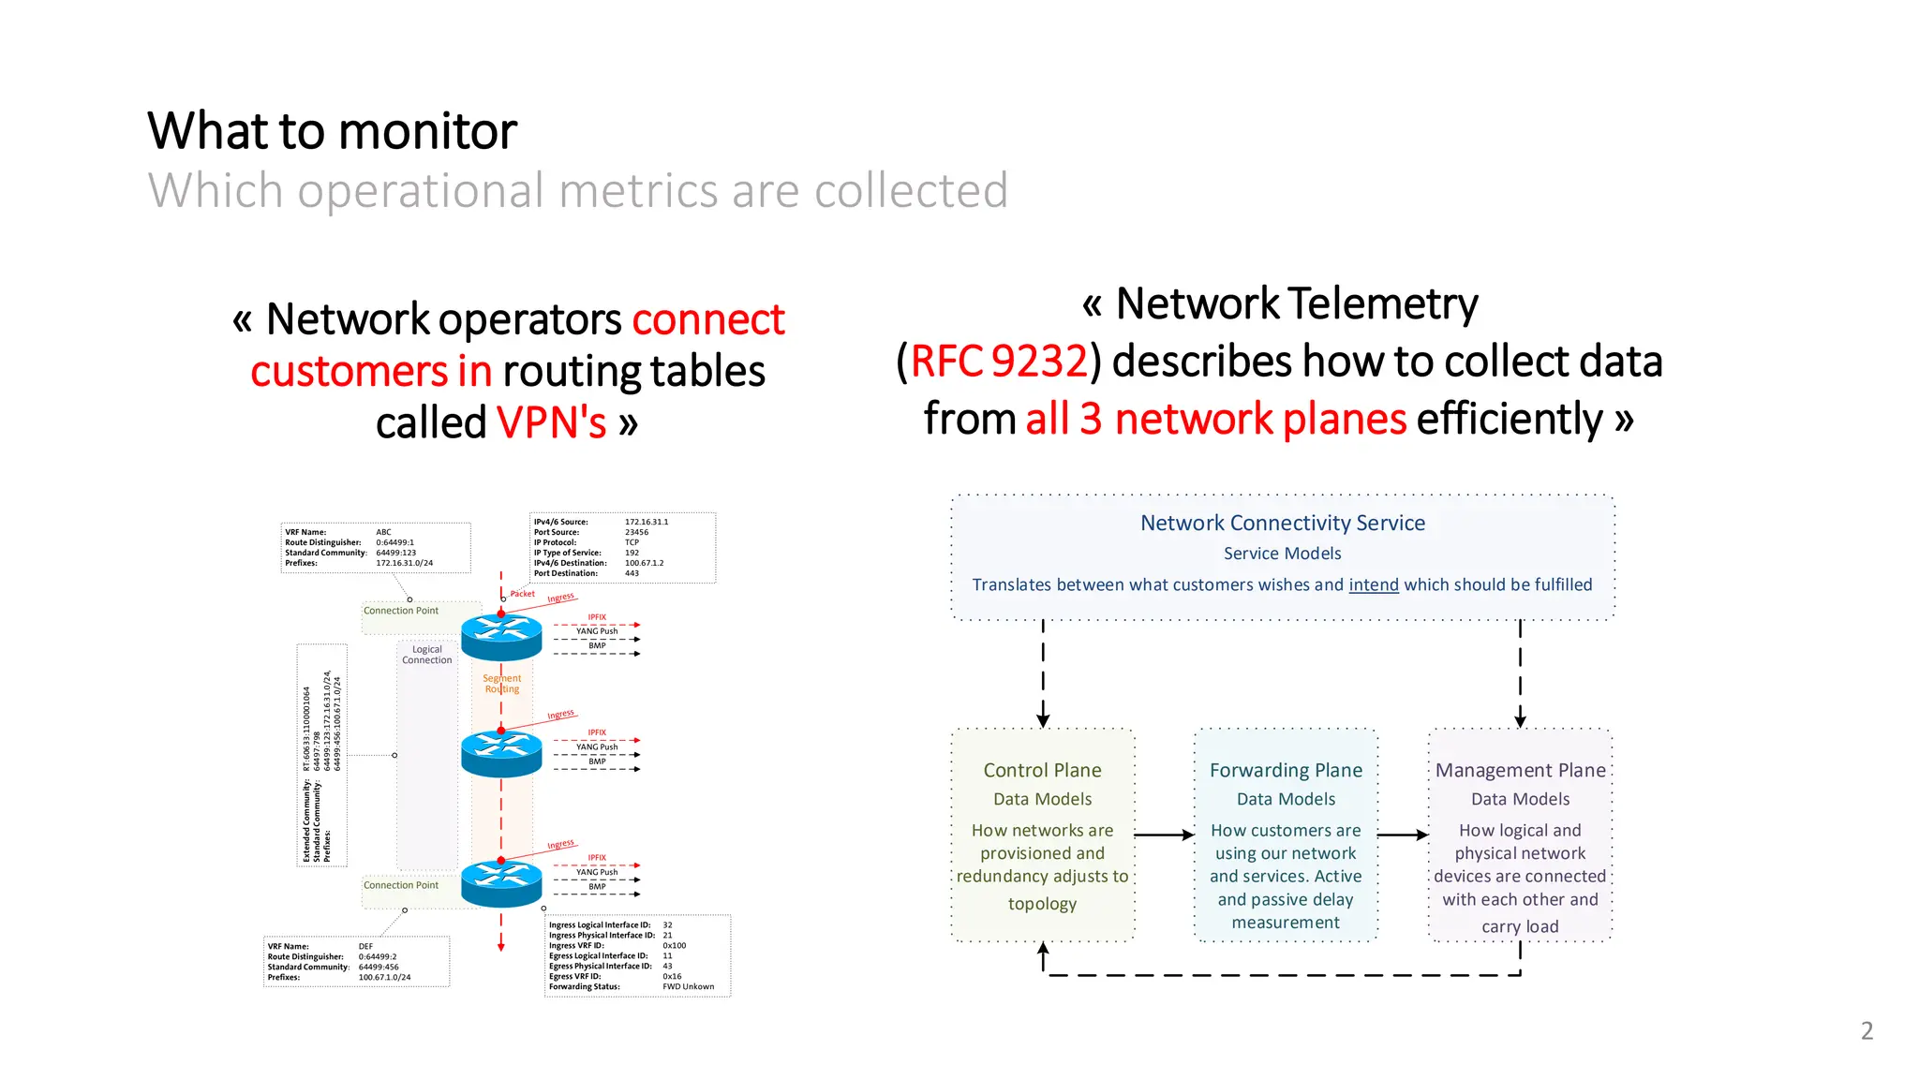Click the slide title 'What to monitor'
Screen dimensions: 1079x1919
tap(332, 130)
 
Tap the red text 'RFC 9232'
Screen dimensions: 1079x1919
tap(999, 362)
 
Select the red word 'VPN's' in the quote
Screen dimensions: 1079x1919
tap(552, 423)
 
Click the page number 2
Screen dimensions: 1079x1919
tap(1867, 1031)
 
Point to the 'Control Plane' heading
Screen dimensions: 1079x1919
tap(1042, 770)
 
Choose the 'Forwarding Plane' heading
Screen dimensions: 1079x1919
tap(1286, 770)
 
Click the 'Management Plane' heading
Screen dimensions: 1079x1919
tap(1520, 770)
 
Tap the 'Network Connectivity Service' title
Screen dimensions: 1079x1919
tap(1282, 523)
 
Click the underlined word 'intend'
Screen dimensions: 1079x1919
tap(1373, 584)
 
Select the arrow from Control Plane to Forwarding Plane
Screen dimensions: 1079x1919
tap(1164, 835)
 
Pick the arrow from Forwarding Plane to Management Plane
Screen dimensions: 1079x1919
tap(1403, 835)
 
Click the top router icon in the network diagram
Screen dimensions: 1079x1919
tap(501, 637)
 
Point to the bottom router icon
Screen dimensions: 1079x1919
tap(501, 883)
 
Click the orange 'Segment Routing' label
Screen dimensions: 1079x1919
tap(502, 684)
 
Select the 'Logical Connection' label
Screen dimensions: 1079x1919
tap(427, 655)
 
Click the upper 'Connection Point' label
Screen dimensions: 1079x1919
tap(401, 611)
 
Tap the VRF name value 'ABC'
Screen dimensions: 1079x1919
tap(383, 532)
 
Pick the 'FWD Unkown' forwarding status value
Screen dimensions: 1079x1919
tap(688, 986)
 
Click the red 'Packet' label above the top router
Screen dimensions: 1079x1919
tap(522, 594)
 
